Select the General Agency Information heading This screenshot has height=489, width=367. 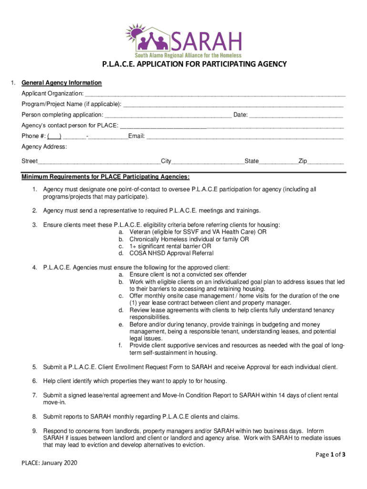(x=61, y=83)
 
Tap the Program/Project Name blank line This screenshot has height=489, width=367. (x=233, y=105)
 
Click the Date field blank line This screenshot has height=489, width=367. (x=296, y=116)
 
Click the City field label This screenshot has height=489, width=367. (x=166, y=161)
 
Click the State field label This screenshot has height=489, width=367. (x=252, y=161)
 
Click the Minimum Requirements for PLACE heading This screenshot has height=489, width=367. (x=105, y=177)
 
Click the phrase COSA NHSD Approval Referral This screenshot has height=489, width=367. (x=172, y=253)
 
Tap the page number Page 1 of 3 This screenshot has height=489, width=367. (x=330, y=455)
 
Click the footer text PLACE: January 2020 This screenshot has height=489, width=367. (x=49, y=463)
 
